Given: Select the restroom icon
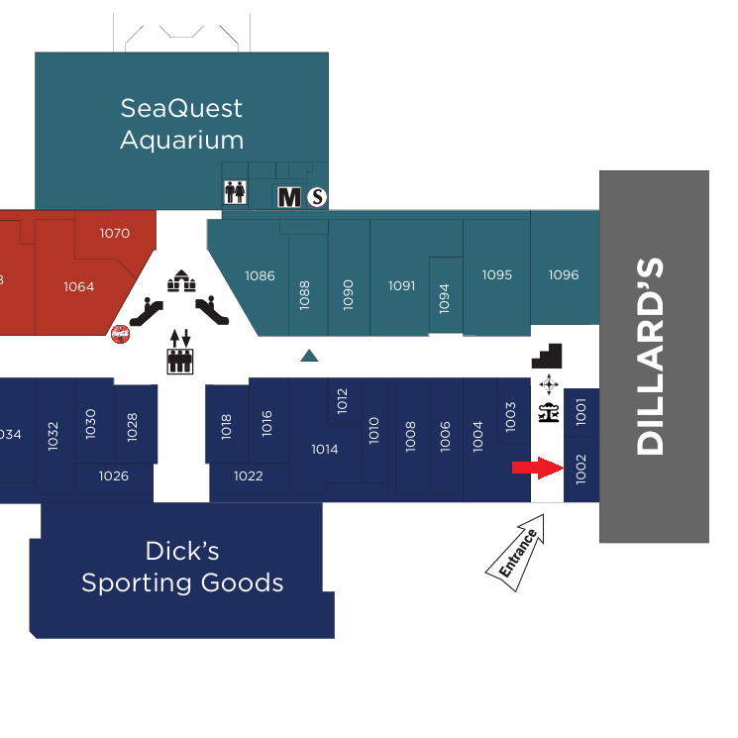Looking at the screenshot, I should click(x=235, y=192).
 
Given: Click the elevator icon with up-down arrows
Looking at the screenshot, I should click(x=179, y=352).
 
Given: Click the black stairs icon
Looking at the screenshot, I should click(x=547, y=356).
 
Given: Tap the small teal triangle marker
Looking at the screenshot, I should click(x=309, y=355).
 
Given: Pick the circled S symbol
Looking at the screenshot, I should click(x=317, y=197).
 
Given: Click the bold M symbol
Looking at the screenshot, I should click(x=289, y=197).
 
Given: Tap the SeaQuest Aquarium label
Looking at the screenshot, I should click(x=181, y=123).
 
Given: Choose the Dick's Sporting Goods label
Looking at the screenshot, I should click(x=182, y=567).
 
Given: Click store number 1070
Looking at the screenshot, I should click(x=115, y=234).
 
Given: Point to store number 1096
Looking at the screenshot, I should click(x=564, y=275).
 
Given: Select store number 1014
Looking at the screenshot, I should click(x=325, y=450).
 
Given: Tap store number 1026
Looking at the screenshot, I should click(x=114, y=476).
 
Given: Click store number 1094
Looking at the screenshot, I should click(x=444, y=298).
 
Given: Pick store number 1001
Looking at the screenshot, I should click(x=581, y=411).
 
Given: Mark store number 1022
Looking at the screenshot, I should click(x=249, y=476).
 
